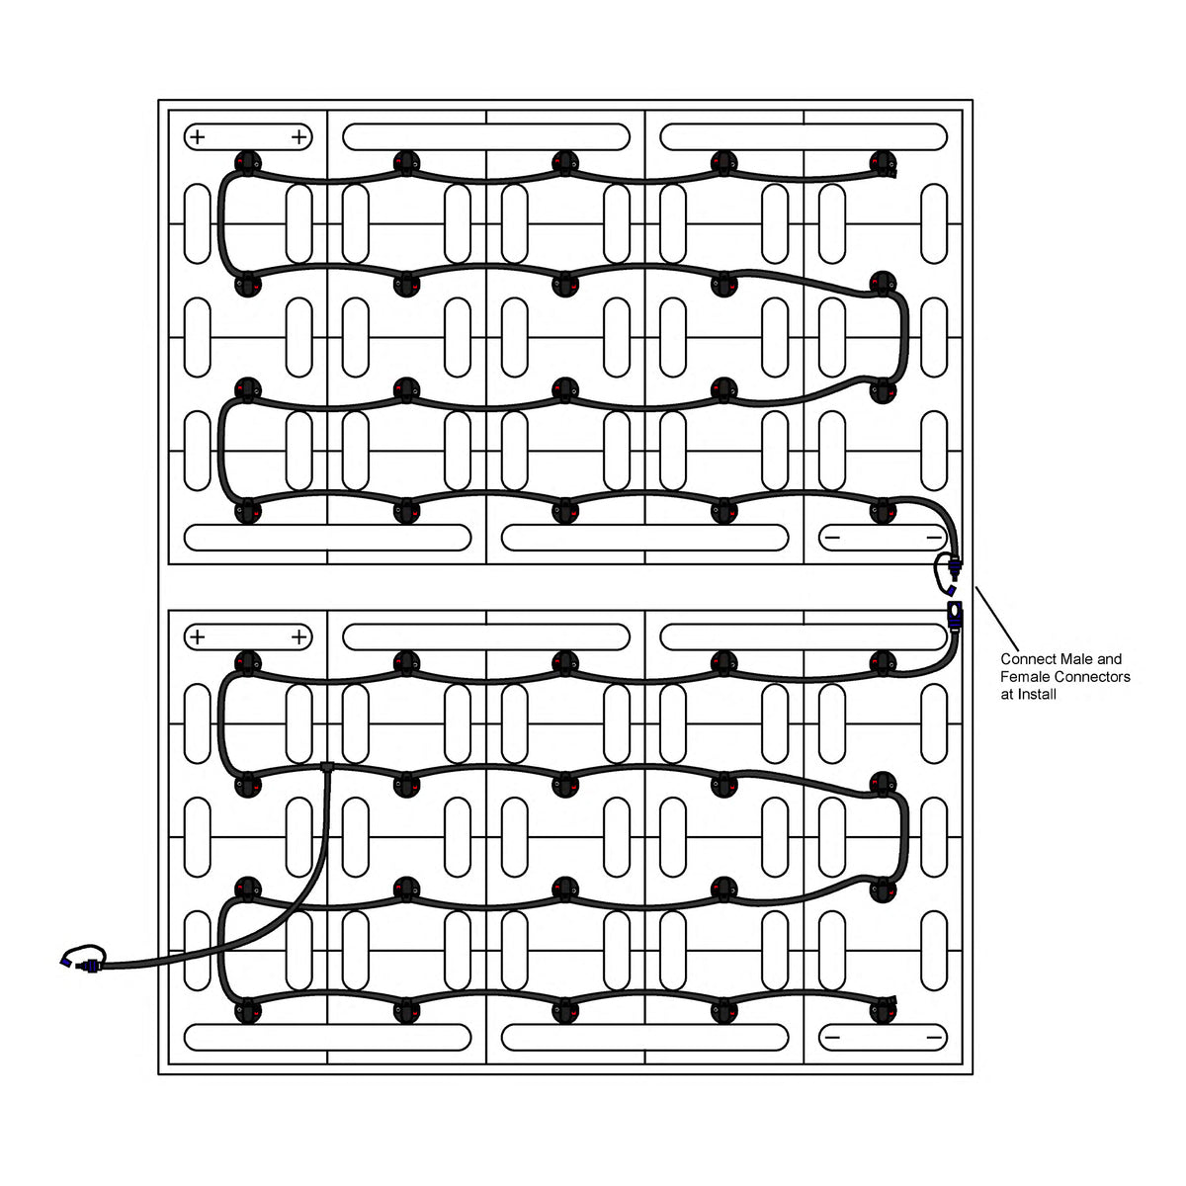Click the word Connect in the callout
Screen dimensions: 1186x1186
(1025, 659)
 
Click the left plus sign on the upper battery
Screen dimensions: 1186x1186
(197, 136)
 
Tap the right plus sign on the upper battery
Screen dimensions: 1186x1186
(299, 136)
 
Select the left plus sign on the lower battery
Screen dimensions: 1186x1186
(197, 636)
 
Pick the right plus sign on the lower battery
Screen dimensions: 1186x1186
(299, 636)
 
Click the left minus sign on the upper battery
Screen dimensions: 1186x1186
(832, 537)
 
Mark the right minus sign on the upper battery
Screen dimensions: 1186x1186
(934, 537)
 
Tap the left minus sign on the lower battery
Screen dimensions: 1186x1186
(832, 1037)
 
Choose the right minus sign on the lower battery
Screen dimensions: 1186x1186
(934, 1037)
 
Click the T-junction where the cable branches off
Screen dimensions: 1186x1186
(327, 766)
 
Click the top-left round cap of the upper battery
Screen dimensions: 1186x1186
(246, 163)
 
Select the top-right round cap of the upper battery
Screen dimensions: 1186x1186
(883, 163)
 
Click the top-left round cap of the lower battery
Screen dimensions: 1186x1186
(246, 663)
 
